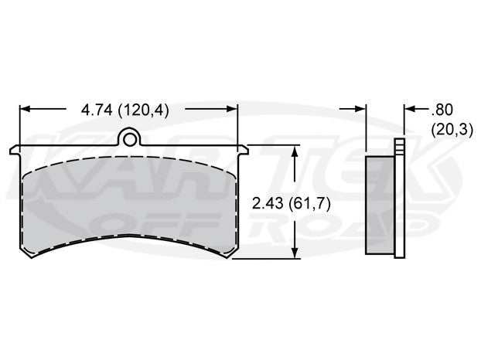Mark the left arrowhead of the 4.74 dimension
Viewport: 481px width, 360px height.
click(24, 110)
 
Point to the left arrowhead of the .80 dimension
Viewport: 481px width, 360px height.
click(361, 110)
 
